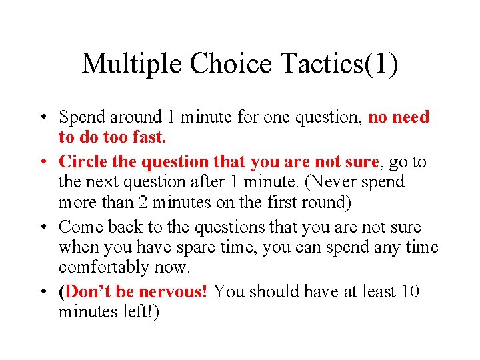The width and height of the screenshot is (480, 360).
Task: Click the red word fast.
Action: [149, 137]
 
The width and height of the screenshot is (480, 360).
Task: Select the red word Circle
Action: [81, 161]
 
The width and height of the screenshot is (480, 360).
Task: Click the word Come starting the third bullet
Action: [80, 227]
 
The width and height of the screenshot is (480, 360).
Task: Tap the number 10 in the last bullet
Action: [410, 292]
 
